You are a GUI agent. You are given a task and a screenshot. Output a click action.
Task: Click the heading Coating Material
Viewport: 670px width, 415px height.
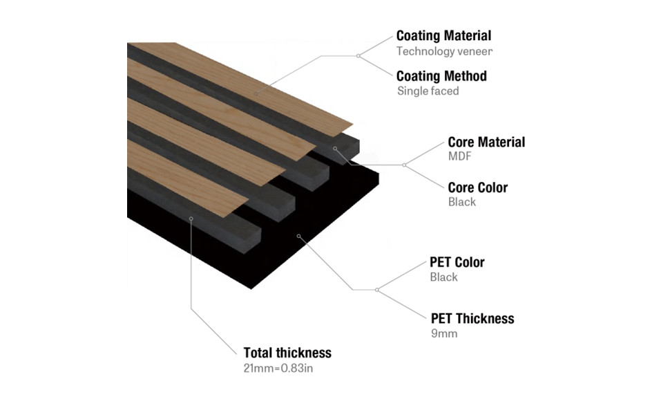point(443,35)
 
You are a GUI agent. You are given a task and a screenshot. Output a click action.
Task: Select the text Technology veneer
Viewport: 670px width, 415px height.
point(444,51)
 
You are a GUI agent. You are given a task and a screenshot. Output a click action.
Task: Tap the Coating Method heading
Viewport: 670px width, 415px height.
point(441,75)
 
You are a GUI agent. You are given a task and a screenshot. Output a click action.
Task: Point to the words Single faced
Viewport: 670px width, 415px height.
point(428,91)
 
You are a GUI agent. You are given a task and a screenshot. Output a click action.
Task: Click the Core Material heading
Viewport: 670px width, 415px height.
point(486,142)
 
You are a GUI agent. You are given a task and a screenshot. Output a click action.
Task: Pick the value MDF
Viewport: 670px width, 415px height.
point(460,156)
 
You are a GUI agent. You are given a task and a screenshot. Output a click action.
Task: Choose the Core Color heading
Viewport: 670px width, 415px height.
point(477,187)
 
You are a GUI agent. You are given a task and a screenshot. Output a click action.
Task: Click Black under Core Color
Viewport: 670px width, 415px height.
point(461,202)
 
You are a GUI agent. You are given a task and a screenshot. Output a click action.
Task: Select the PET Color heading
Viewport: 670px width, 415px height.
point(457,262)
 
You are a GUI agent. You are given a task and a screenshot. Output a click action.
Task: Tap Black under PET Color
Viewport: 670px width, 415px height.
point(443,277)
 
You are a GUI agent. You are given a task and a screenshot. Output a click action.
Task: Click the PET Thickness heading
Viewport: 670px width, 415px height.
point(472,318)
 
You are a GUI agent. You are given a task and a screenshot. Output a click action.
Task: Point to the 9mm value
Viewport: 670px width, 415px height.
point(443,333)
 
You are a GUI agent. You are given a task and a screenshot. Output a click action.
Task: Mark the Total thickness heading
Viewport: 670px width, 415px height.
point(287,353)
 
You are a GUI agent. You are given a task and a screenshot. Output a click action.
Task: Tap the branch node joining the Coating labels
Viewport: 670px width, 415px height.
point(358,55)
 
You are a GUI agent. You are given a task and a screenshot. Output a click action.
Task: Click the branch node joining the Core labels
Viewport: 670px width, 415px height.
point(404,165)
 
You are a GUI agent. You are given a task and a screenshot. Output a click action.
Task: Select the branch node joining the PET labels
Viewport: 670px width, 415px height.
point(376,289)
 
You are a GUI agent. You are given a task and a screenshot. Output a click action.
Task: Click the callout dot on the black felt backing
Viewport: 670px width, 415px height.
point(298,236)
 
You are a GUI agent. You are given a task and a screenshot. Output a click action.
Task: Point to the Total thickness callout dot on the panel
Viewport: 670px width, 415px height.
point(191,218)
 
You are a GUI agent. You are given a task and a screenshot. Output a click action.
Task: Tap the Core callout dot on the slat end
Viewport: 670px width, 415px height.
point(336,148)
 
